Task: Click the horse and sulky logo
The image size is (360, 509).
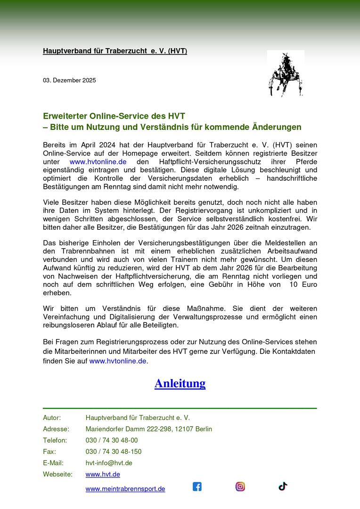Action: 285,74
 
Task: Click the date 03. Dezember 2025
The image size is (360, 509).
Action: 69,81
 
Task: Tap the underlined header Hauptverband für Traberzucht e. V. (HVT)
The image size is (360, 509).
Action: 115,51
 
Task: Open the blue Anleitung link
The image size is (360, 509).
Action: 180,383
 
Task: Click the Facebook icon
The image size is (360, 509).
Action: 197,486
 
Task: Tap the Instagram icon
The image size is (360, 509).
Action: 240,486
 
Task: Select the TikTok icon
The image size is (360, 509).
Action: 283,486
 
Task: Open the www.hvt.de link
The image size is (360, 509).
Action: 103,474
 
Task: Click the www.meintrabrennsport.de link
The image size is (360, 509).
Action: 125,489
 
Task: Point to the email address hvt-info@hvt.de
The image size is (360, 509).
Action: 109,463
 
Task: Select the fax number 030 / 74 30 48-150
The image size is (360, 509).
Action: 114,452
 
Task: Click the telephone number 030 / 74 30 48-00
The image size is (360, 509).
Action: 112,440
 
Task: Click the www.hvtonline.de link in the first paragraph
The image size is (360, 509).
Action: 98,162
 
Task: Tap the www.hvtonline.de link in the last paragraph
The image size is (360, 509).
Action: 118,361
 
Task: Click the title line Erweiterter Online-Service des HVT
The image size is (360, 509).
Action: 114,116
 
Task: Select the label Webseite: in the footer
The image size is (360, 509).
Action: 57,474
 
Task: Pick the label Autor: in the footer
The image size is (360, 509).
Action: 52,418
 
